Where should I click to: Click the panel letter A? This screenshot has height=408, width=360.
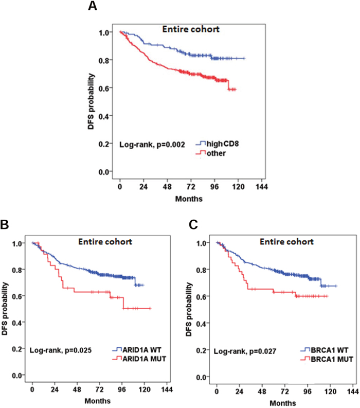93,6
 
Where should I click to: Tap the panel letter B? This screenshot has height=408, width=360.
5,224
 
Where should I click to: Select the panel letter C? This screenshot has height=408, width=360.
193,224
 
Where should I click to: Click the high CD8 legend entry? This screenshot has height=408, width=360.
217,144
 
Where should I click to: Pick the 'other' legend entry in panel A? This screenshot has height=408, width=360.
211,153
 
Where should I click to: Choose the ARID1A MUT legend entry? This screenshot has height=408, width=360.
139,359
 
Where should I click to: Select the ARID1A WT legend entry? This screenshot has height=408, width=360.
137,349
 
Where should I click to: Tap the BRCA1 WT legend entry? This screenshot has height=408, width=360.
325,350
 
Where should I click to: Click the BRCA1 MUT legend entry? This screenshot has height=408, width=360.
327,359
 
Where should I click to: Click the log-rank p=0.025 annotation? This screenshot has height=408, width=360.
61,350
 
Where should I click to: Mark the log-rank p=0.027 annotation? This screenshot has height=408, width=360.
245,351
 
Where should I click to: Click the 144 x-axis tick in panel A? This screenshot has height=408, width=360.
262,187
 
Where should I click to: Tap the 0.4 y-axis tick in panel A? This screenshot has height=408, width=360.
103,116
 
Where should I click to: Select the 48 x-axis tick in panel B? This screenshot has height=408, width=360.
77,389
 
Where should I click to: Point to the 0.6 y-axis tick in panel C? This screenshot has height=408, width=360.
202,297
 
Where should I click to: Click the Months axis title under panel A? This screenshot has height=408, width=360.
189,199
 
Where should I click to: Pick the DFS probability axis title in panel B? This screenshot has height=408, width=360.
5,309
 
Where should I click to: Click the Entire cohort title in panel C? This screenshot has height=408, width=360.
286,242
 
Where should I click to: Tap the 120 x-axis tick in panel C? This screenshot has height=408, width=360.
330,392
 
